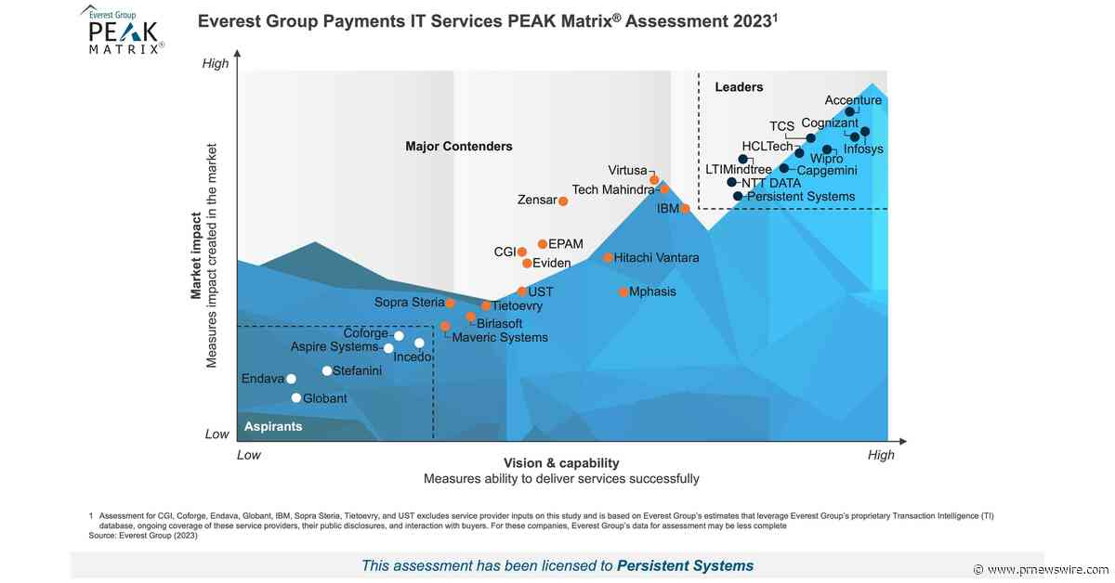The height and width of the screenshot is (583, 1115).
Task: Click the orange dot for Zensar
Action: coord(563,201)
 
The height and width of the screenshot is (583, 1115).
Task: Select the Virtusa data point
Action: coord(654,179)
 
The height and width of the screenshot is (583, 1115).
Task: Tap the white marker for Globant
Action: coord(296,398)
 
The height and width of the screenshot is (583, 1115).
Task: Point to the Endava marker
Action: coord(291,379)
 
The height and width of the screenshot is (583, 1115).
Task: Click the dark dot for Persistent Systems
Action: coord(738,196)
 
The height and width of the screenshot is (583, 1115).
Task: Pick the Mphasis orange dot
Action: coord(623,292)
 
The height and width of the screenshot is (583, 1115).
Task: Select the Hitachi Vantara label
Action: coord(656,257)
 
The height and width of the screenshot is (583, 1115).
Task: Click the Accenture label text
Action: coord(853,100)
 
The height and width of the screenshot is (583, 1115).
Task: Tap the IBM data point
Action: coord(685,209)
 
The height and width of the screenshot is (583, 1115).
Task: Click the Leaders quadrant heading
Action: coord(739,87)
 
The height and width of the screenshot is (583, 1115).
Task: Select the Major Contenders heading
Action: coord(459,147)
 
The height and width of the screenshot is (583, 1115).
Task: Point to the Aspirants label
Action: coord(273,426)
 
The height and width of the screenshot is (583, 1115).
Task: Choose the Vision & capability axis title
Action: coord(561,463)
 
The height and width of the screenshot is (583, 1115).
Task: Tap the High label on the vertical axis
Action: coord(216,63)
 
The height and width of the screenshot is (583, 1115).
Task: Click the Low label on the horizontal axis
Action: coord(249,455)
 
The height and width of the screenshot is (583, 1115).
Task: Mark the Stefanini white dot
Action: coord(327,371)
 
